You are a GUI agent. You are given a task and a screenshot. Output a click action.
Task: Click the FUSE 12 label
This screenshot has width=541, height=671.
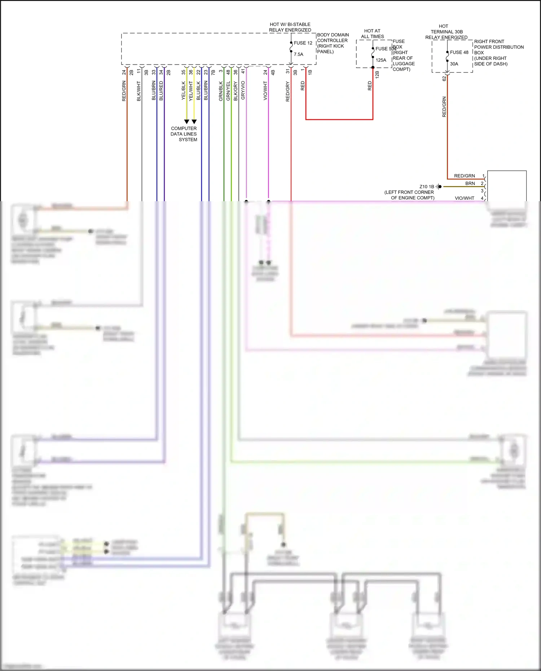pyautogui.click(x=303, y=43)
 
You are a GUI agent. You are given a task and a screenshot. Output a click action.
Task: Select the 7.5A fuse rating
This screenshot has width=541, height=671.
pyautogui.click(x=299, y=54)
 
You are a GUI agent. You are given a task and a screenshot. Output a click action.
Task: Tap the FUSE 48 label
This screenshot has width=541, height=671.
pyautogui.click(x=459, y=52)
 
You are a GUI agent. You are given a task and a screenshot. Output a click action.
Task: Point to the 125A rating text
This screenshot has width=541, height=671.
pyautogui.click(x=381, y=60)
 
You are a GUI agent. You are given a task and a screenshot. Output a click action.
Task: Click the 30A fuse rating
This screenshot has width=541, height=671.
pyautogui.click(x=454, y=64)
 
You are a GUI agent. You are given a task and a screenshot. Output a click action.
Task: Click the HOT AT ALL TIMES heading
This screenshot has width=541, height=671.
pyautogui.click(x=372, y=34)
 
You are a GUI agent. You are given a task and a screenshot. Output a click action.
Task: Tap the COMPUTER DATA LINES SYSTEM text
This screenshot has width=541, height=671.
pyautogui.click(x=184, y=134)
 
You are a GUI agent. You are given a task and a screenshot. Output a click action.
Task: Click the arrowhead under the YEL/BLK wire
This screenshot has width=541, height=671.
pyautogui.click(x=186, y=122)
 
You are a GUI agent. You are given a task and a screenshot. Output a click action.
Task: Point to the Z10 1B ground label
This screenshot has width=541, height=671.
pyautogui.click(x=427, y=186)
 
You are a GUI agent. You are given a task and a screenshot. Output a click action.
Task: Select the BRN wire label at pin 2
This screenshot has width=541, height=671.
pyautogui.click(x=470, y=184)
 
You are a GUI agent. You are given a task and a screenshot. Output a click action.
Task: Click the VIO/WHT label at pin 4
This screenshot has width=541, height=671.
pyautogui.click(x=465, y=198)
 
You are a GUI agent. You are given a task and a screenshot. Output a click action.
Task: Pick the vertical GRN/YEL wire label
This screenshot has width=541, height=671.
pyautogui.click(x=228, y=91)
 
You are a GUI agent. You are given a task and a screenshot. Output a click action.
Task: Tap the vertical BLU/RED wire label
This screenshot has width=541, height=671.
pyautogui.click(x=161, y=91)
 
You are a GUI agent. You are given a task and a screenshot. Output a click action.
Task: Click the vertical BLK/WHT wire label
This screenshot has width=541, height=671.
pyautogui.click(x=139, y=91)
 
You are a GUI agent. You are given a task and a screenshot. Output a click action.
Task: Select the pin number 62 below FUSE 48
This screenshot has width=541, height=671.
pyautogui.click(x=444, y=78)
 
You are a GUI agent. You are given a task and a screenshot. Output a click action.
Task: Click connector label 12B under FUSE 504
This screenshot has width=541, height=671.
pyautogui.click(x=377, y=75)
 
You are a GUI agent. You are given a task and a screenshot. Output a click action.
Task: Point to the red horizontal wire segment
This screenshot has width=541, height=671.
pyautogui.click(x=339, y=119)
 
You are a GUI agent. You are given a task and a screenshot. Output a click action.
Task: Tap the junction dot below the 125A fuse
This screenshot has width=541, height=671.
pyautogui.click(x=373, y=67)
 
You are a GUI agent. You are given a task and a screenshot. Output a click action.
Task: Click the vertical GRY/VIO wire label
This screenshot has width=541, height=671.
pyautogui.click(x=243, y=90)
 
